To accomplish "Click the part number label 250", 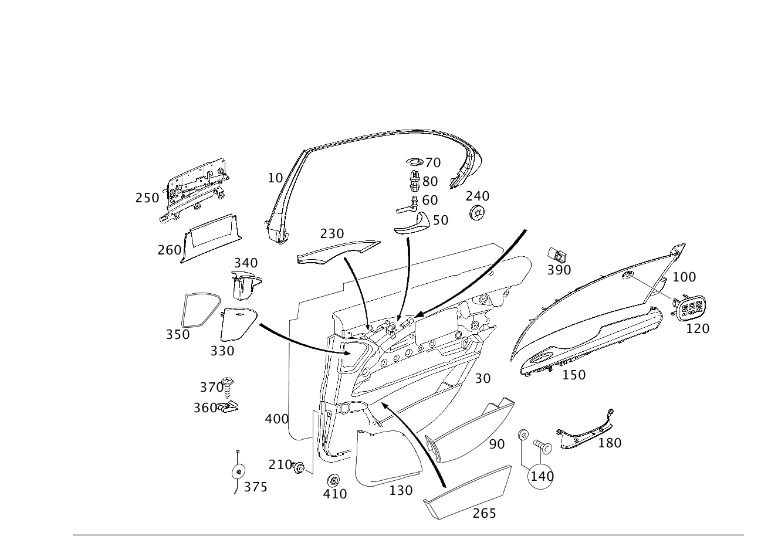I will coord(147,198).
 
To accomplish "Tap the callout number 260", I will coord(169,250).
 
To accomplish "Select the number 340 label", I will coord(246,263).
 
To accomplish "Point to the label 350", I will coord(177,334).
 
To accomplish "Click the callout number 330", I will coord(222,351).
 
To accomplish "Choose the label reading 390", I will coord(559,270).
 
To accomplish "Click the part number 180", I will coord(609,443).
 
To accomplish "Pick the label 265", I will coord(484,513).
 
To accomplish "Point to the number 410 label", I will coord(335,494).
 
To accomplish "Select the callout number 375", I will coord(255,487).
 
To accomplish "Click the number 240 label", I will coord(478,196).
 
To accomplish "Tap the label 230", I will coord(332,233).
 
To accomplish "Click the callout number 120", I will coord(698,328).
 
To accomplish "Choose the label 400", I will coord(276,419).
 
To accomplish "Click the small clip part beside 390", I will coord(557,254).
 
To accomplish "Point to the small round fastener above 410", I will coord(334,478).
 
